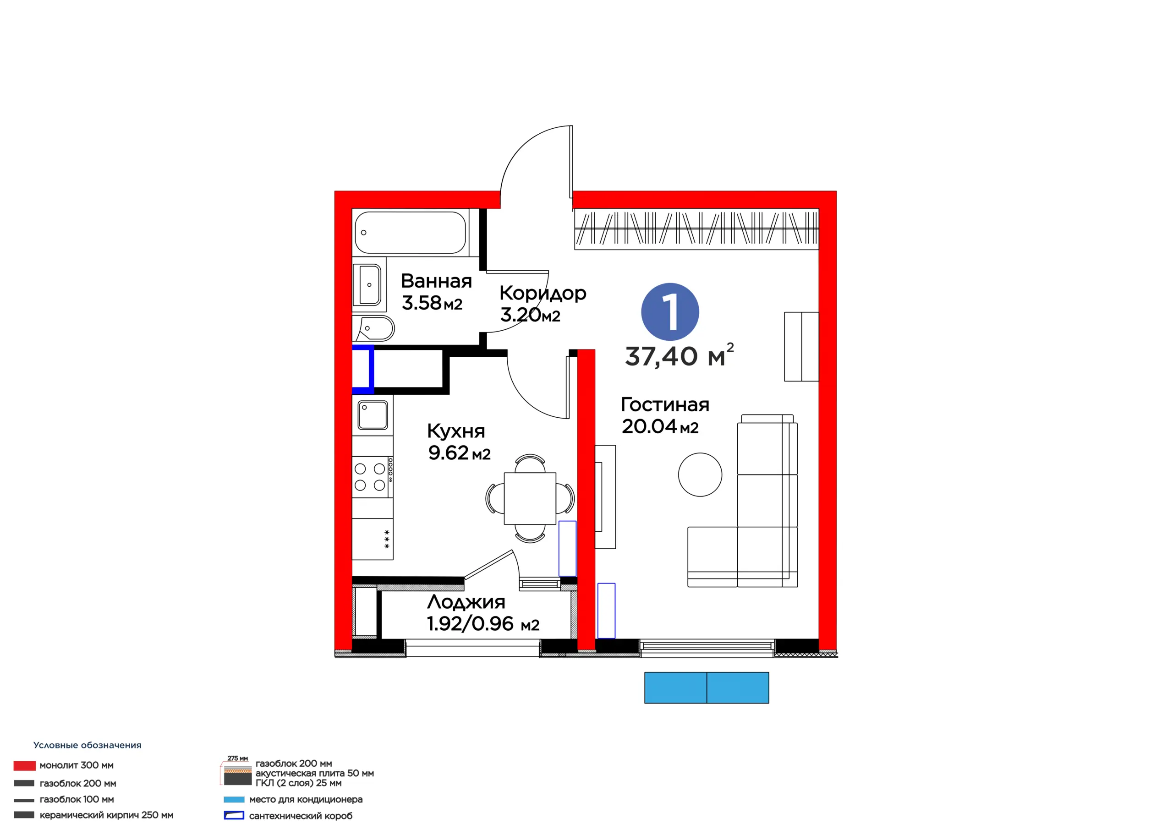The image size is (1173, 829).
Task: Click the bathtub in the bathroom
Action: click(x=410, y=232)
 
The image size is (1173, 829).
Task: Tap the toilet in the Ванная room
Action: click(x=374, y=328)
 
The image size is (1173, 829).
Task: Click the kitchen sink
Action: click(x=373, y=415)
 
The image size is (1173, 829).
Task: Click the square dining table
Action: click(x=530, y=498)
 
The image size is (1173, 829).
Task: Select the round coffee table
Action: click(x=700, y=474)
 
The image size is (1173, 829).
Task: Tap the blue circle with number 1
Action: click(x=670, y=311)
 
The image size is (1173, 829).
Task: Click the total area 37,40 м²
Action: click(x=680, y=355)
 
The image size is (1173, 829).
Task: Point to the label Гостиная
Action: click(x=665, y=404)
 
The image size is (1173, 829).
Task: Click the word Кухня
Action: click(x=456, y=431)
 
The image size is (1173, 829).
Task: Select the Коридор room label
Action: click(x=543, y=293)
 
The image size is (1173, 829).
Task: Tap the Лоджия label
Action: click(x=466, y=602)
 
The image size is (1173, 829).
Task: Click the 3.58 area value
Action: click(x=422, y=303)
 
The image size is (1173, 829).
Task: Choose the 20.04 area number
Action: click(x=649, y=426)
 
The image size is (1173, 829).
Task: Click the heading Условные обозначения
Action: click(x=88, y=745)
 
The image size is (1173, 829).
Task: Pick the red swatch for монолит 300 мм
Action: click(x=25, y=765)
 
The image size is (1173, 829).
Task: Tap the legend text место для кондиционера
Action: click(x=306, y=799)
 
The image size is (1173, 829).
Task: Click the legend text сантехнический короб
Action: click(x=301, y=816)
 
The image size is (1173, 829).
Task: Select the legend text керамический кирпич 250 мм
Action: click(x=106, y=815)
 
